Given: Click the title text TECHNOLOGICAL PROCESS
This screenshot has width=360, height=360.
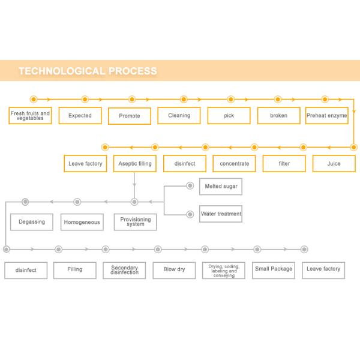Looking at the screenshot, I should pyautogui.click(x=88, y=71).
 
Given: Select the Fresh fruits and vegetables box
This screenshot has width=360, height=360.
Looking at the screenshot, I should pyautogui.click(x=30, y=115).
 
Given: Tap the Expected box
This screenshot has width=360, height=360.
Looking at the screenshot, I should pyautogui.click(x=80, y=115).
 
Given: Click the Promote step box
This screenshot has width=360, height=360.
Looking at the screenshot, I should pyautogui.click(x=130, y=116).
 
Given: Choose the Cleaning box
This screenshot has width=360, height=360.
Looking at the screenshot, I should pyautogui.click(x=179, y=115).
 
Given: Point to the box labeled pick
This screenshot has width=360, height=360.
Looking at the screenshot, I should pyautogui.click(x=229, y=115).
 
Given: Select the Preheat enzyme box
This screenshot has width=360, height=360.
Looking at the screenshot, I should pyautogui.click(x=327, y=115).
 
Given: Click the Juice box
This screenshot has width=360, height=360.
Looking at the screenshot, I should pyautogui.click(x=334, y=163).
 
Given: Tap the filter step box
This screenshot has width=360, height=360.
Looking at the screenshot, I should pyautogui.click(x=284, y=163).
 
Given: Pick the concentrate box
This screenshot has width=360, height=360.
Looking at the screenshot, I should pyautogui.click(x=234, y=163).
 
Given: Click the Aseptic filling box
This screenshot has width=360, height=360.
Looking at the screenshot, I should pyautogui.click(x=135, y=163).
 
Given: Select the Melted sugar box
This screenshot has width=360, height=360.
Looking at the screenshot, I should pyautogui.click(x=221, y=186).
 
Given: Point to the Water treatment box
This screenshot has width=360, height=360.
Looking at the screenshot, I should pyautogui.click(x=221, y=214).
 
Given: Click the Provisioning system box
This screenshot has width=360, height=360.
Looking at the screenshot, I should pyautogui.click(x=136, y=222).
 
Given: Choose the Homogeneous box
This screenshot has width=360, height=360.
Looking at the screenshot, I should pyautogui.click(x=82, y=222).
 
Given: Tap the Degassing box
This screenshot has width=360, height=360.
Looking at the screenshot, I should pyautogui.click(x=32, y=222).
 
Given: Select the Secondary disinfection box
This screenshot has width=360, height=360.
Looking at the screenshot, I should pyautogui.click(x=124, y=270).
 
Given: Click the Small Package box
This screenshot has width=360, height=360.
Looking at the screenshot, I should pyautogui.click(x=274, y=269).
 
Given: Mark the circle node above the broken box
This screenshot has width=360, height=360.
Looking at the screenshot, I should pyautogui.click(x=278, y=100).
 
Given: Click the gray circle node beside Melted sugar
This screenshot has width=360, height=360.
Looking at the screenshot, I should pyautogui.click(x=190, y=186).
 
